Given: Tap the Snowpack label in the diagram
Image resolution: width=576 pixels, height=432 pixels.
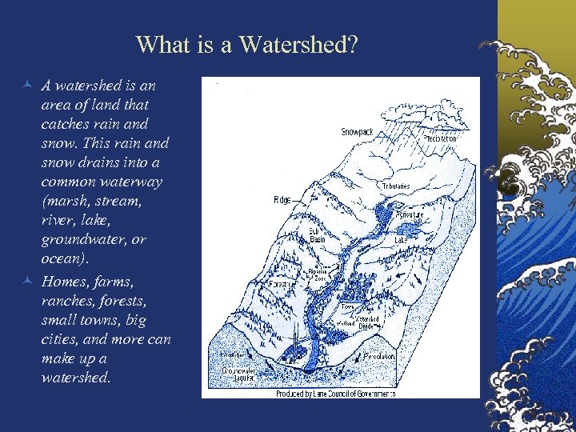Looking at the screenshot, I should coord(357,131).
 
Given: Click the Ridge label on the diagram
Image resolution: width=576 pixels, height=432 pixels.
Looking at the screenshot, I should coord(282,199).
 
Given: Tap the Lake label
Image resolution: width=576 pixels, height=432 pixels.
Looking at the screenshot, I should coord(401,239).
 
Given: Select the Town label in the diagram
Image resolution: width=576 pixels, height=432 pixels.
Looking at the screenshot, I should coord(347,306).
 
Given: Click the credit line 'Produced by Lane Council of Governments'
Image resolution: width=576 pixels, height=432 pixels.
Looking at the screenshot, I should coord(335,394).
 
